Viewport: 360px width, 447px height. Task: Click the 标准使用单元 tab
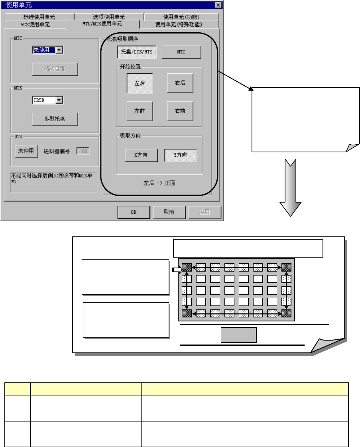(39, 17)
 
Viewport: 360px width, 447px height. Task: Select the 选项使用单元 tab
(109, 17)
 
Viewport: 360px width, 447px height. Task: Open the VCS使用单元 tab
(35, 25)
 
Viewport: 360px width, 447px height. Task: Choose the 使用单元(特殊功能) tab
(179, 25)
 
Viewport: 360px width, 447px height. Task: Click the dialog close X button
(218, 5)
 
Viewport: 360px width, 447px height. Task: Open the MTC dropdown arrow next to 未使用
(59, 50)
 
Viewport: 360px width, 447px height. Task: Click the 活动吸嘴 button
(55, 69)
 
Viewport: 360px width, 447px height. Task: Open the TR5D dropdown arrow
(59, 100)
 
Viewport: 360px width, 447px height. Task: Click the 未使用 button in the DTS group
(26, 151)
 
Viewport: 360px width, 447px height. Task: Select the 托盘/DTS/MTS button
(137, 52)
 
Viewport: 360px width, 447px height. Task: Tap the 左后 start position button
(140, 83)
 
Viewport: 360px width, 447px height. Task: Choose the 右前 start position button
(180, 111)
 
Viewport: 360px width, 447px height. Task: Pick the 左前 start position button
(140, 111)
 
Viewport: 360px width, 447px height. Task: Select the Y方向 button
(181, 155)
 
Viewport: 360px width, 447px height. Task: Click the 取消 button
(169, 212)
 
